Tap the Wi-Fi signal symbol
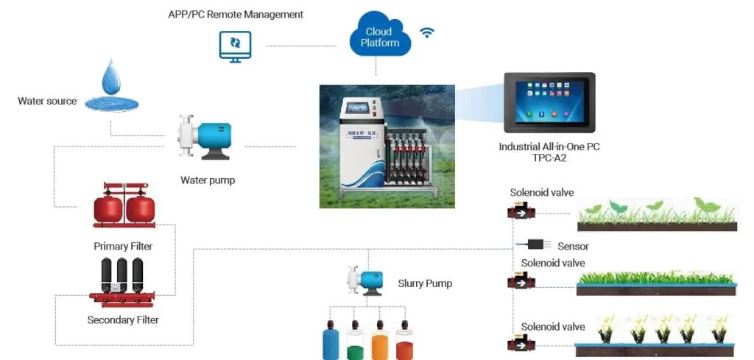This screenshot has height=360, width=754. coord(426,32)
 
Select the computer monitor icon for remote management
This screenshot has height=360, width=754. coord(235,46)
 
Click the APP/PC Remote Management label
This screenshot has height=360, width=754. coord(236,14)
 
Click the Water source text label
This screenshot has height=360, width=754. coord(47,101)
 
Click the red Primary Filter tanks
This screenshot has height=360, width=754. coord(124,207)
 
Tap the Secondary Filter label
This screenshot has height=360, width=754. coord(123,320)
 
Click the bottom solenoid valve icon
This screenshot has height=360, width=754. coord(521,344)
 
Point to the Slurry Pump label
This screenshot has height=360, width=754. coord(425,283)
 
